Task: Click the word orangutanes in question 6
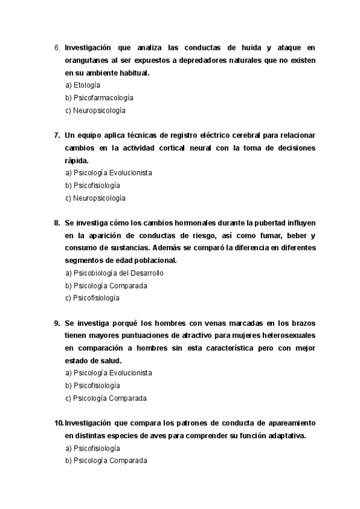[88, 60]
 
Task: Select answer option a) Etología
[82, 85]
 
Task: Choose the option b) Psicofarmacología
[99, 98]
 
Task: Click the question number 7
[57, 135]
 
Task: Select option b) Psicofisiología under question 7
[92, 185]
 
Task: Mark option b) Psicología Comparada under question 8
[106, 286]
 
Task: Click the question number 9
[57, 322]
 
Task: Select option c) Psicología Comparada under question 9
[106, 398]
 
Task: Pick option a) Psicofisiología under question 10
[92, 448]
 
